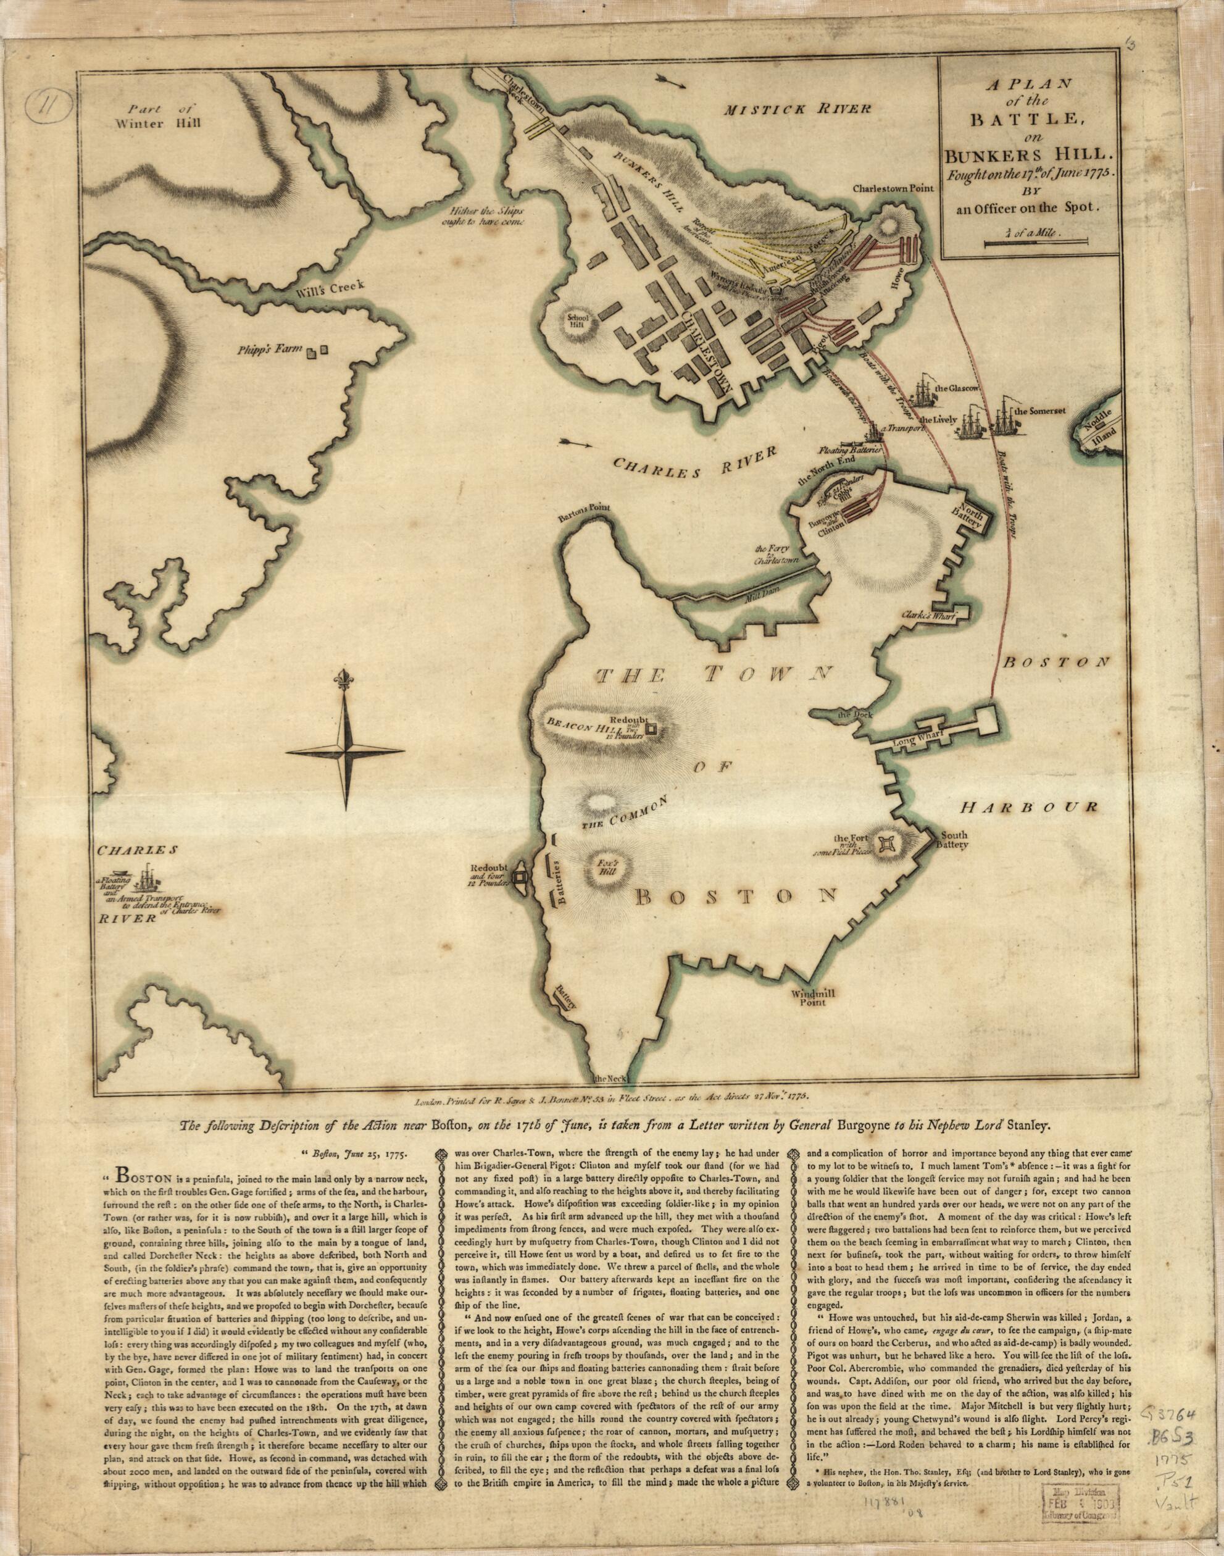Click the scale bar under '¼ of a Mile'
coord(1025,245)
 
